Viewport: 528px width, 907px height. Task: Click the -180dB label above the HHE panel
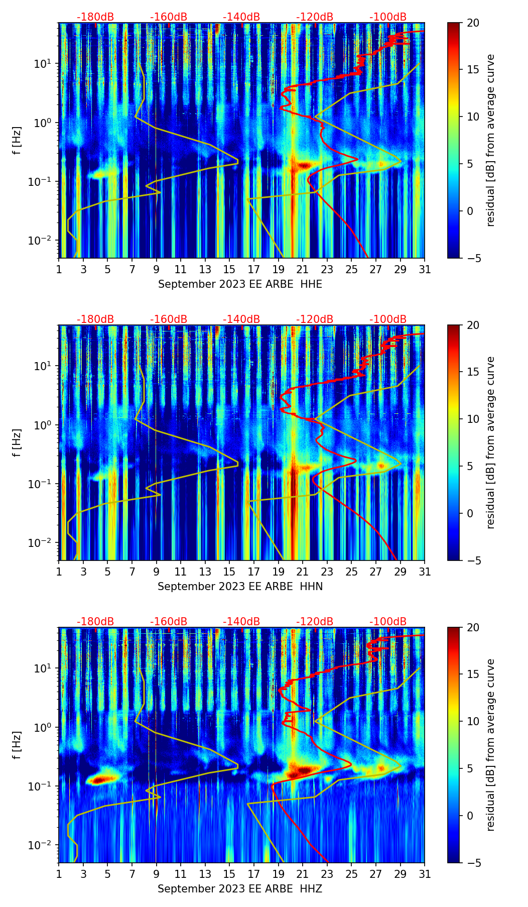point(95,17)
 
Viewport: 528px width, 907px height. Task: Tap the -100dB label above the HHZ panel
point(388,622)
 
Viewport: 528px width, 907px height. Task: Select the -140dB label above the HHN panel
point(241,319)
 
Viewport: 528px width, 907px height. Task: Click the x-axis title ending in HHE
point(240,284)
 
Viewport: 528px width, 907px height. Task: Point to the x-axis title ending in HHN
point(240,587)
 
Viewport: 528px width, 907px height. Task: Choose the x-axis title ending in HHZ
point(240,889)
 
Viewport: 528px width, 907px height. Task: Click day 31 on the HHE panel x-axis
point(425,270)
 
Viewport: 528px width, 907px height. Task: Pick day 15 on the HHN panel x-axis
point(229,572)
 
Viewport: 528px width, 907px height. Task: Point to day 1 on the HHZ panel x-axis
point(59,874)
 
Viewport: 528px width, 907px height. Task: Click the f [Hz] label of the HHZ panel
point(17,745)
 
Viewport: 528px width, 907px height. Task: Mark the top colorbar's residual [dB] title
point(491,141)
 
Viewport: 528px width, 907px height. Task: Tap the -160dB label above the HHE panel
point(169,17)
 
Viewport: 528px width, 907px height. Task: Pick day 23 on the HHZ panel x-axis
point(327,874)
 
